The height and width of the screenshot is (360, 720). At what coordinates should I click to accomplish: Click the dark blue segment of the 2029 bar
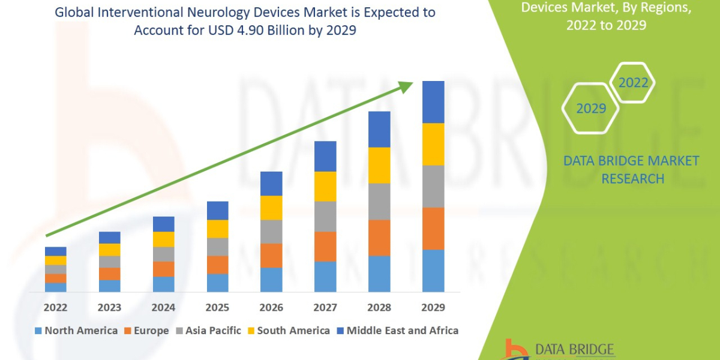click(x=433, y=102)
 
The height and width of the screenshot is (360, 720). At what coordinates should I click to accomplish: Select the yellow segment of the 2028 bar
click(x=379, y=165)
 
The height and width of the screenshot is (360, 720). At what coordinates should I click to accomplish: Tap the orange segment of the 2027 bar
click(x=325, y=246)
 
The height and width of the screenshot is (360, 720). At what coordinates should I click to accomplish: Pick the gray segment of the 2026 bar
click(x=271, y=231)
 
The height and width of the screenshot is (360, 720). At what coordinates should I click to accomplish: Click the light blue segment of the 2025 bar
click(x=217, y=283)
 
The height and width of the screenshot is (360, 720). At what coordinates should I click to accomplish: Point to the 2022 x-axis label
click(x=55, y=307)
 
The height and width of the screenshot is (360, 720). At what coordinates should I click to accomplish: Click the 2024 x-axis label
click(x=163, y=307)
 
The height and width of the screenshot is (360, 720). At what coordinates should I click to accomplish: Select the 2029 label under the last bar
click(x=433, y=307)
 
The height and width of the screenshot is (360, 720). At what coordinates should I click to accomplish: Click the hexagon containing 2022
click(x=633, y=83)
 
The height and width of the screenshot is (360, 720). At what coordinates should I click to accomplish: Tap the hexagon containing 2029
click(x=590, y=109)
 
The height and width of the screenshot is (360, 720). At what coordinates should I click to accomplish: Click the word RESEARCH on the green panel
click(x=632, y=179)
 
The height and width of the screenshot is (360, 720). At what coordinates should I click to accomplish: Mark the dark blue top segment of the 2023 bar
click(x=109, y=238)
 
